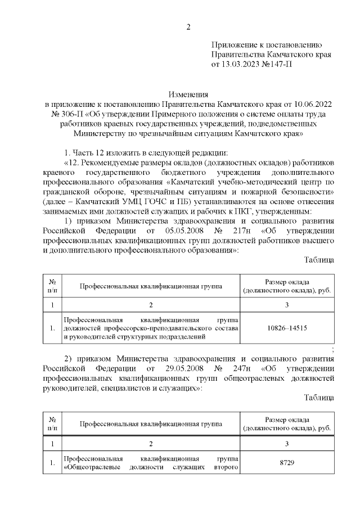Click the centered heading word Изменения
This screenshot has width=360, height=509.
point(188,94)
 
